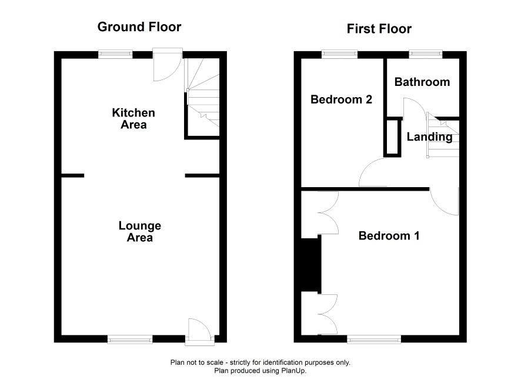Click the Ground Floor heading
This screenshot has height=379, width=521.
pyautogui.click(x=139, y=27)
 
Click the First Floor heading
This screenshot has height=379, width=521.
pyautogui.click(x=379, y=29)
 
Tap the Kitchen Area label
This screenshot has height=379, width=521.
pyautogui.click(x=133, y=119)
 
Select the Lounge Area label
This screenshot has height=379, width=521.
pyautogui.click(x=140, y=231)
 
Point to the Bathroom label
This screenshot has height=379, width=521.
pyautogui.click(x=422, y=82)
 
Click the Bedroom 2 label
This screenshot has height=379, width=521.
pyautogui.click(x=341, y=99)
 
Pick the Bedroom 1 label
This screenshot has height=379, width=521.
pyautogui.click(x=389, y=236)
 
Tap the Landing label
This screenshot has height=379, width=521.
pyautogui.click(x=429, y=137)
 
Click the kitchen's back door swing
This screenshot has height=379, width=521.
pyautogui.click(x=168, y=65)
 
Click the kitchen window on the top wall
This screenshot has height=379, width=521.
pyautogui.click(x=115, y=54)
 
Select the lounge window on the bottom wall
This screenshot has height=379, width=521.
pyautogui.click(x=130, y=339)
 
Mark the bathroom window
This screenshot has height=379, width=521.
pyautogui.click(x=426, y=54)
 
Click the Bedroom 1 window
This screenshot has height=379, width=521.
pyautogui.click(x=374, y=339)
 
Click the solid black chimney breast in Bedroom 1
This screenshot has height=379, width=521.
pyautogui.click(x=311, y=265)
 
